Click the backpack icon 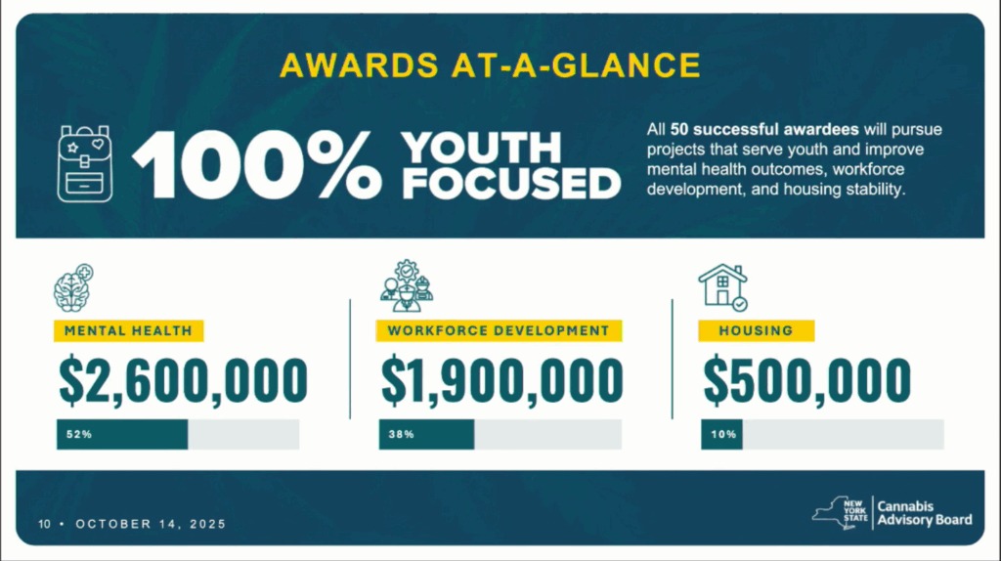tap(85, 164)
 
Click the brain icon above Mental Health tap(73, 288)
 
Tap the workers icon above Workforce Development tap(407, 285)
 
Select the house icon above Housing tap(722, 287)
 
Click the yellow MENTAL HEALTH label tap(128, 330)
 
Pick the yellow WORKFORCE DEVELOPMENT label tap(499, 330)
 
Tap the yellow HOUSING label tap(756, 330)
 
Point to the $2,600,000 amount tap(183, 380)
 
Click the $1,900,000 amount tap(501, 380)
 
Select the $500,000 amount tap(806, 380)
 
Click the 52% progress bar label tap(79, 434)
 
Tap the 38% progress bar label tap(402, 434)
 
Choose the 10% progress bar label tap(723, 434)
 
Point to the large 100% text tap(257, 164)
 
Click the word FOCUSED tap(511, 185)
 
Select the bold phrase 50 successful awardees tap(764, 130)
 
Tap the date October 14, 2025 tap(151, 524)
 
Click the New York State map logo tap(840, 513)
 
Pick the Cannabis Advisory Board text tap(925, 513)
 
